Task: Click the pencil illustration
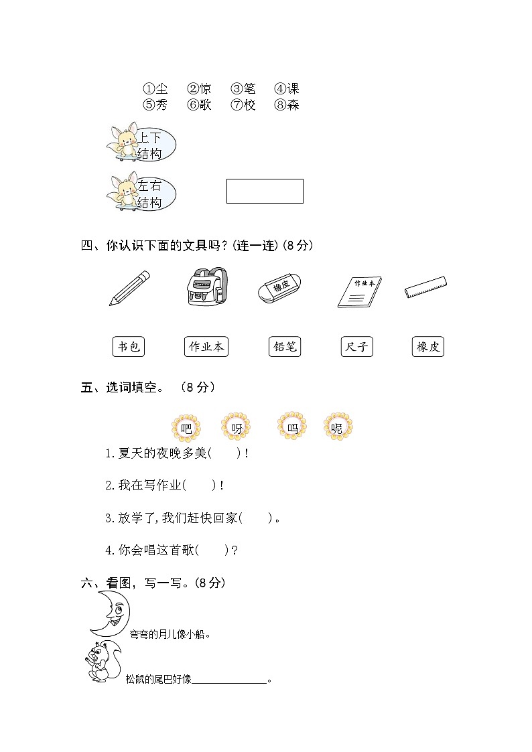point(129,289)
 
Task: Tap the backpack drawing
point(207,287)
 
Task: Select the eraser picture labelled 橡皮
point(279,289)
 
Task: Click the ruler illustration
point(426,288)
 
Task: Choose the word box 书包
point(128,347)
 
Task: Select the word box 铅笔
point(283,347)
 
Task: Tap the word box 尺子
point(356,347)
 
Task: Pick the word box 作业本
point(206,347)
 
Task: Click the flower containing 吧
point(186,427)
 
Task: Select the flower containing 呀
point(236,427)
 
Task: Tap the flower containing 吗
point(291,427)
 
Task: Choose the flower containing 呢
point(338,427)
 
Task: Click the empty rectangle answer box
point(265,191)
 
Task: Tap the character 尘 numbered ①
point(161,89)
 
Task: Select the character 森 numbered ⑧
point(293,105)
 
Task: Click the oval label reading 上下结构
point(151,145)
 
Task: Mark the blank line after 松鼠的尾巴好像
point(229,680)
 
